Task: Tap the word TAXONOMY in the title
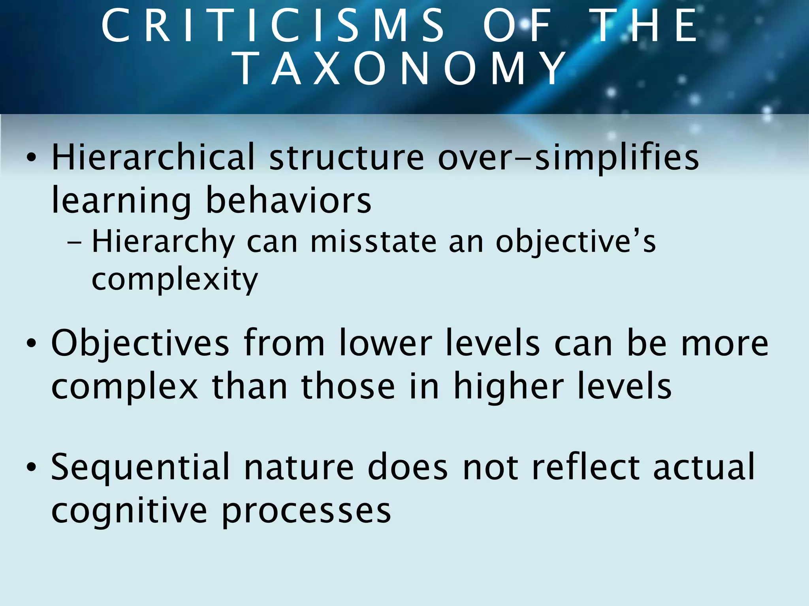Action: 399,69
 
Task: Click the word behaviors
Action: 288,200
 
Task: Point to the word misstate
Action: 373,241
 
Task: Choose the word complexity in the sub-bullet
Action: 175,279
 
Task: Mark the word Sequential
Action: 140,467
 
